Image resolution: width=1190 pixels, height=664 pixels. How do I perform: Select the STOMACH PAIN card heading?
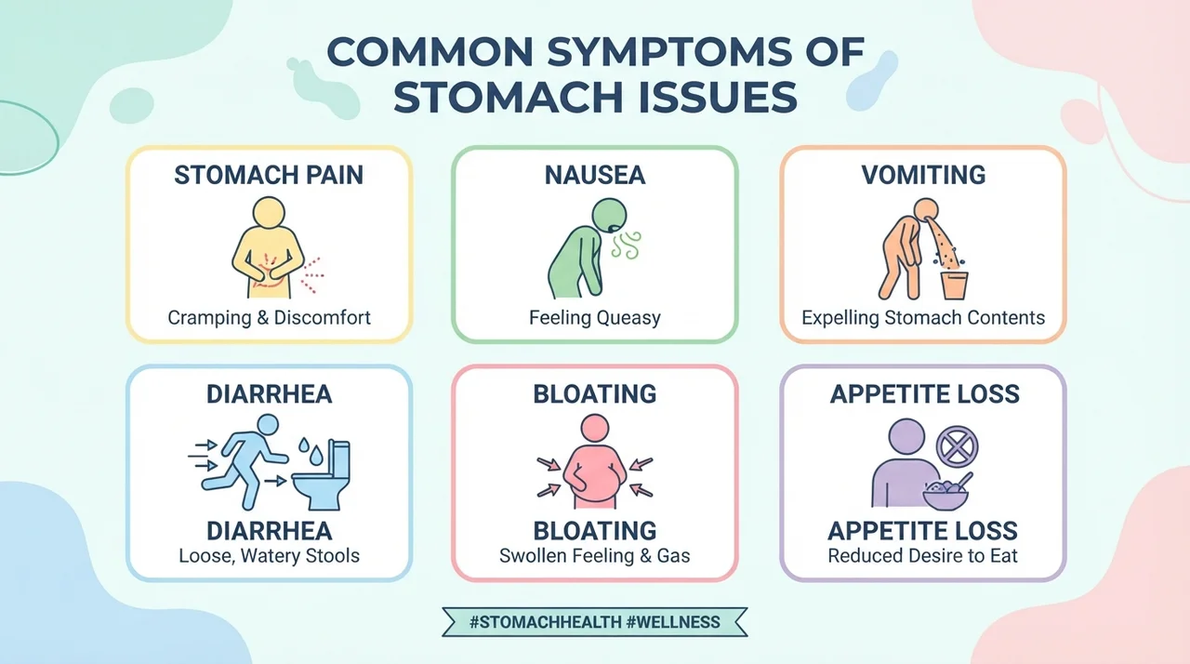click(269, 175)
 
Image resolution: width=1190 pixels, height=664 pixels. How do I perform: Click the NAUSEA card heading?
click(594, 175)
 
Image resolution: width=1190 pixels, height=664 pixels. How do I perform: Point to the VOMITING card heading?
click(923, 175)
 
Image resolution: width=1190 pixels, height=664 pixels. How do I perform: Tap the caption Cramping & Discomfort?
click(269, 318)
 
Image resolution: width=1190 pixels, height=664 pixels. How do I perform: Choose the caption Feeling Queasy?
click(594, 318)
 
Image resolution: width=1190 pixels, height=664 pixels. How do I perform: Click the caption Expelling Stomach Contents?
click(923, 318)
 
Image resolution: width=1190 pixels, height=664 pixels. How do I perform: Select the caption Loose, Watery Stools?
click(269, 555)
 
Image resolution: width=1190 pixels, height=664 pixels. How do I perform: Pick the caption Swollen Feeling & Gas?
click(594, 555)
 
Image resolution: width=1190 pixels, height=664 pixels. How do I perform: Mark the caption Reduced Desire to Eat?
click(923, 555)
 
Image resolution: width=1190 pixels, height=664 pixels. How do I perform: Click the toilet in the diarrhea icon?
click(322, 474)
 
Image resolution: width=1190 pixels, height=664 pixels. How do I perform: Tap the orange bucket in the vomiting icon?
click(954, 286)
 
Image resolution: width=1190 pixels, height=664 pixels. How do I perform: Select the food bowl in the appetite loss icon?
click(946, 494)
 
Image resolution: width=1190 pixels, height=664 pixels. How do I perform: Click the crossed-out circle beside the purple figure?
click(957, 447)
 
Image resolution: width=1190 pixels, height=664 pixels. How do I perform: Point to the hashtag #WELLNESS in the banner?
click(673, 622)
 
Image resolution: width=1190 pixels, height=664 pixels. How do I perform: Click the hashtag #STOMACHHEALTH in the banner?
click(545, 622)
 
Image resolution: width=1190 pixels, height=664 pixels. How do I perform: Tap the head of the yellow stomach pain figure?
click(269, 212)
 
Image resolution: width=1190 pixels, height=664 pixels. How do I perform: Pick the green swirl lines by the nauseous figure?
click(627, 245)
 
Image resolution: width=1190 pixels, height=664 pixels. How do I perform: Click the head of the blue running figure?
click(267, 426)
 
